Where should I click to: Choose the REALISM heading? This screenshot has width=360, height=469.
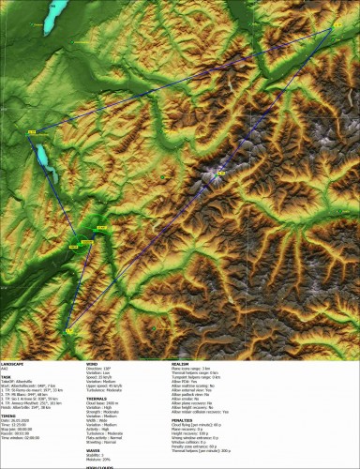(179, 360)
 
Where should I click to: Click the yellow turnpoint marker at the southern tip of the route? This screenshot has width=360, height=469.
(68, 329)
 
